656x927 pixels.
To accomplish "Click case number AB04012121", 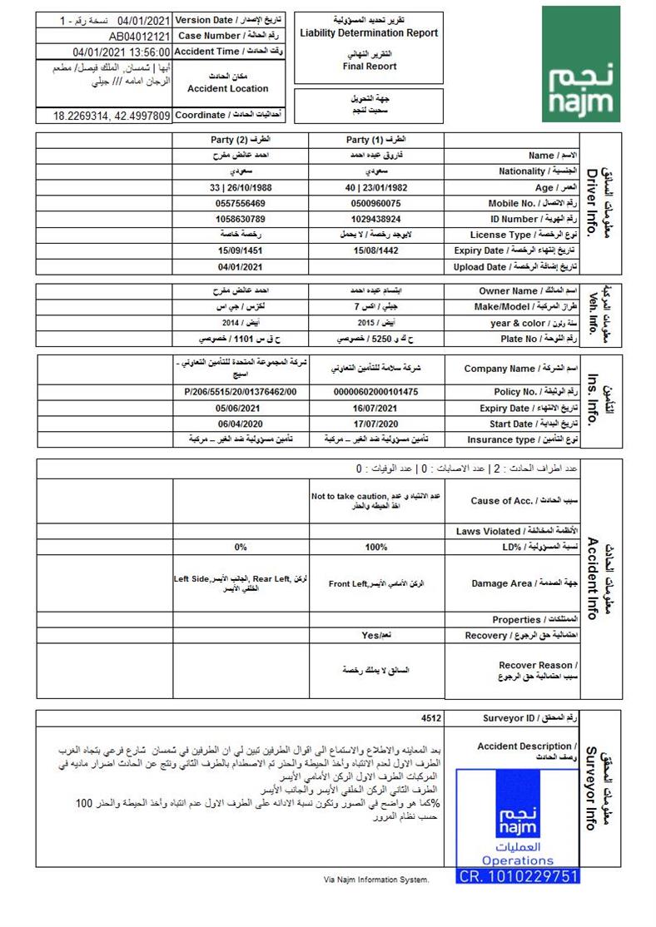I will (x=140, y=37).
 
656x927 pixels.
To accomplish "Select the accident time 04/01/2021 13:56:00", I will (x=122, y=52).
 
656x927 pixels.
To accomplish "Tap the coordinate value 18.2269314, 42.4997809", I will (x=112, y=116).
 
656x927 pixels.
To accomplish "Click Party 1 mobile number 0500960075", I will (x=375, y=203).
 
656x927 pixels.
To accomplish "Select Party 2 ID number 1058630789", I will (x=241, y=219).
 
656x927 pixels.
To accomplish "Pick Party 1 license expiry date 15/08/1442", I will (x=375, y=250).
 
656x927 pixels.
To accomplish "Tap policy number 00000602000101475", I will (x=375, y=392).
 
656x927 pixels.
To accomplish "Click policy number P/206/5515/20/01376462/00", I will (x=241, y=392).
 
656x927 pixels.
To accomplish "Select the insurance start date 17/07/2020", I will (x=375, y=424).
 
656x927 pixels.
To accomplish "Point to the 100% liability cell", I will (x=376, y=548).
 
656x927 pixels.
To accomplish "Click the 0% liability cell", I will (x=241, y=548).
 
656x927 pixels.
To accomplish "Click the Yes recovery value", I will (x=376, y=635).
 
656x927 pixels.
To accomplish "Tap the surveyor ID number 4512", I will (x=431, y=718).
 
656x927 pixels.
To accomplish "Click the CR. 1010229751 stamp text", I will (x=518, y=876).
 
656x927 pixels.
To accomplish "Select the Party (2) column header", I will (x=241, y=140).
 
